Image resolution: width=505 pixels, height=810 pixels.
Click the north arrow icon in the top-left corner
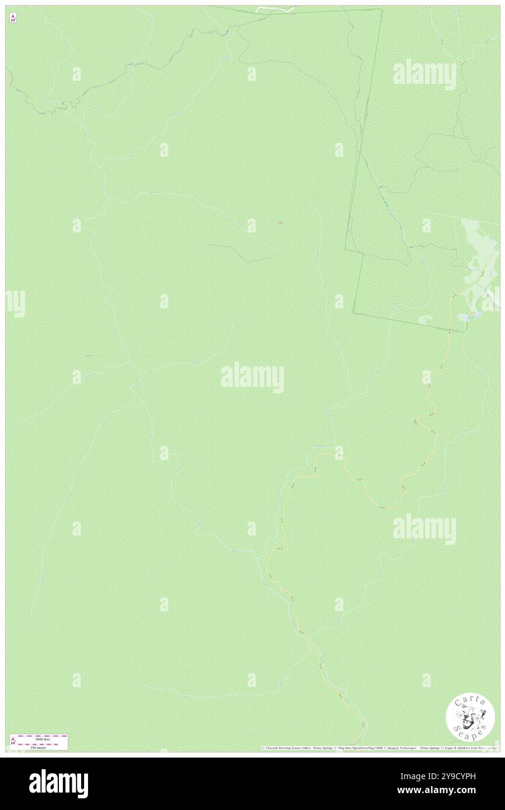[x=13, y=19]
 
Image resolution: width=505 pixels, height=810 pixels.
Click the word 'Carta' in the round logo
[x=469, y=706]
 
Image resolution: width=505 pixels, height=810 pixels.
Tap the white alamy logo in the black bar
[x=58, y=783]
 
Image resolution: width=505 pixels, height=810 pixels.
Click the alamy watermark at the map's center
[x=253, y=377]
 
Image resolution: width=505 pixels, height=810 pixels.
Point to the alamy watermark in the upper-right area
[x=425, y=74]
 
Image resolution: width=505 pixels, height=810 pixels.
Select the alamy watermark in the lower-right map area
[x=425, y=529]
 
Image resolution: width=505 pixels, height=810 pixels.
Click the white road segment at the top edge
[x=274, y=9]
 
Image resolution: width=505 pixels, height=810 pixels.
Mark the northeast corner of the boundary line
[x=382, y=9]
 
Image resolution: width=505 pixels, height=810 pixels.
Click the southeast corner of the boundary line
[x=465, y=331]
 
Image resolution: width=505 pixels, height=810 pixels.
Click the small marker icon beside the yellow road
[x=416, y=422]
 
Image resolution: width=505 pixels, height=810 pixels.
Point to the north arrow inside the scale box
[x=13, y=741]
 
